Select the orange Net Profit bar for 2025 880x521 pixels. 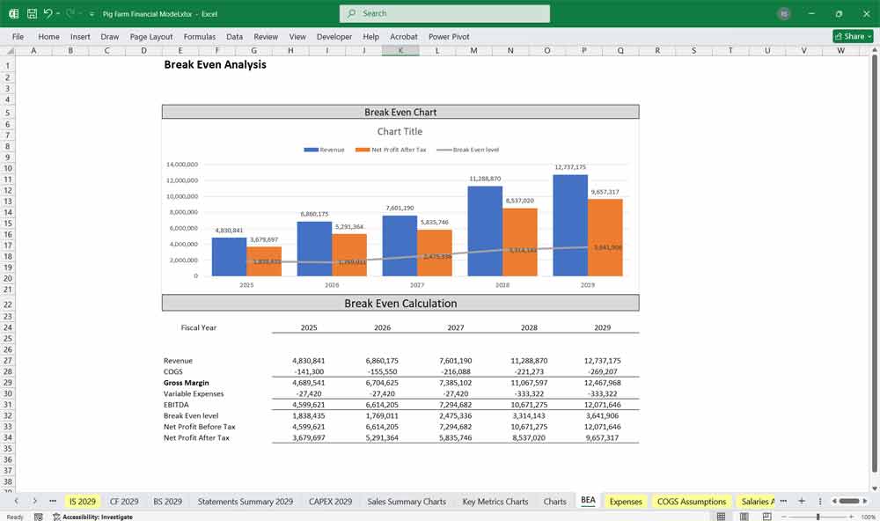264,260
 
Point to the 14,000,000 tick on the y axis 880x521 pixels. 181,165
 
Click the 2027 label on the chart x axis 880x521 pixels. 417,285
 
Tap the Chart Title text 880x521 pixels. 400,131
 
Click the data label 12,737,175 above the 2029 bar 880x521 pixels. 570,167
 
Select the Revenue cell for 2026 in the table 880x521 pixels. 382,361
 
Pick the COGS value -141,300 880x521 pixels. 309,372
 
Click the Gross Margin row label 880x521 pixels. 187,383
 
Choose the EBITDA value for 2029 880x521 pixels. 602,405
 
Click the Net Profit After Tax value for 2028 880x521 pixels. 529,437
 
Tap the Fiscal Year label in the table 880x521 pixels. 198,327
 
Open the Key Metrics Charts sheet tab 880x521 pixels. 495,502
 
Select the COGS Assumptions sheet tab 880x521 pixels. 691,502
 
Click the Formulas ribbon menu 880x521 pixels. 199,37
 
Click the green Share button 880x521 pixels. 853,37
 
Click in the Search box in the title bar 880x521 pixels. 444,14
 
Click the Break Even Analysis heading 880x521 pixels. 215,64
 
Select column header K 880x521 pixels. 400,51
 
